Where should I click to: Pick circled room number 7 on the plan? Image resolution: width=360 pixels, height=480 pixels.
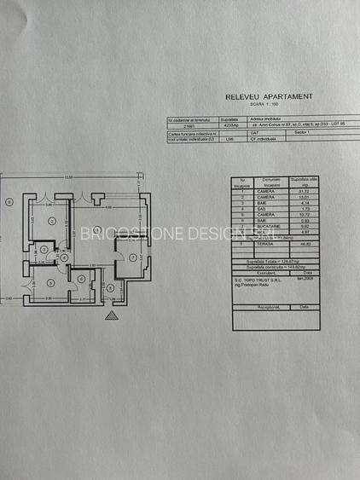pos(135,258)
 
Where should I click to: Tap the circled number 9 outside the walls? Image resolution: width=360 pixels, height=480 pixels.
pos(8,202)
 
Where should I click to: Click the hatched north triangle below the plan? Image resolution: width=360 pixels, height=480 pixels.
pos(112,315)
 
